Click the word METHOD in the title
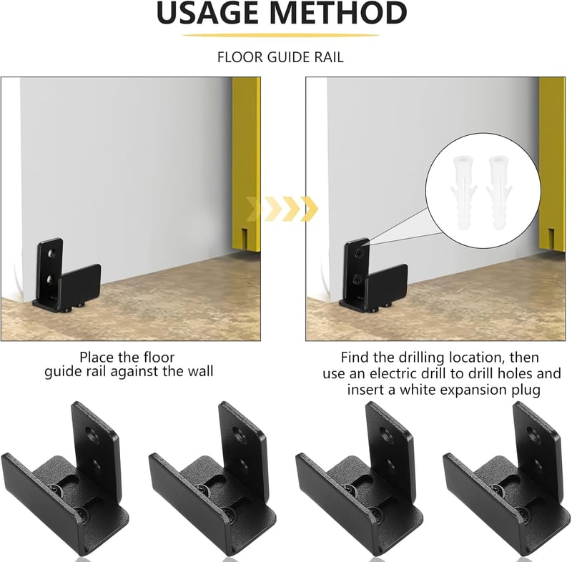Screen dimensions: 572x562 (339, 13)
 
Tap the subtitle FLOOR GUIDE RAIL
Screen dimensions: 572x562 (280, 57)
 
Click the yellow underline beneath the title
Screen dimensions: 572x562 (281, 35)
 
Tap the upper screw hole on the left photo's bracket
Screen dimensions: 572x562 (53, 252)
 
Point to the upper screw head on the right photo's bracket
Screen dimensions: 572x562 (360, 252)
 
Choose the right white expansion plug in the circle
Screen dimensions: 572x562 (498, 192)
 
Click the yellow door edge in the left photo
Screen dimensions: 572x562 (246, 164)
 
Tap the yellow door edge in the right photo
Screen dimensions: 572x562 (552, 164)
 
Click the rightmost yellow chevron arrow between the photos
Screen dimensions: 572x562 (310, 209)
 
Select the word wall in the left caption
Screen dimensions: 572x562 (200, 371)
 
